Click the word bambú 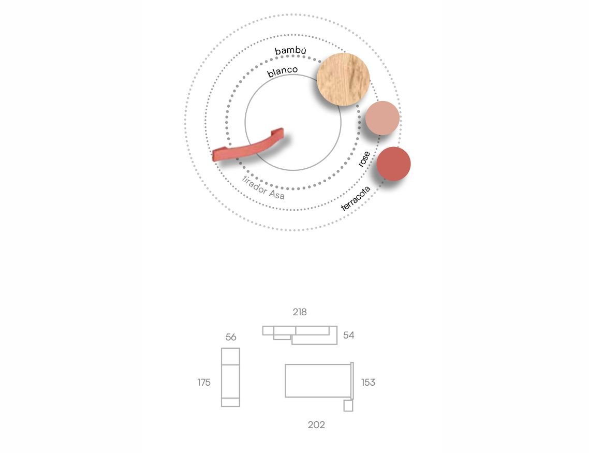tap(290, 51)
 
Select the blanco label tap(283, 71)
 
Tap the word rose tap(364, 159)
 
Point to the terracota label tap(356, 198)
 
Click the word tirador tap(254, 185)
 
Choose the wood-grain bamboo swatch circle tap(343, 79)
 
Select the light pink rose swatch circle tap(382, 118)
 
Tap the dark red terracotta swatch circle tap(393, 164)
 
